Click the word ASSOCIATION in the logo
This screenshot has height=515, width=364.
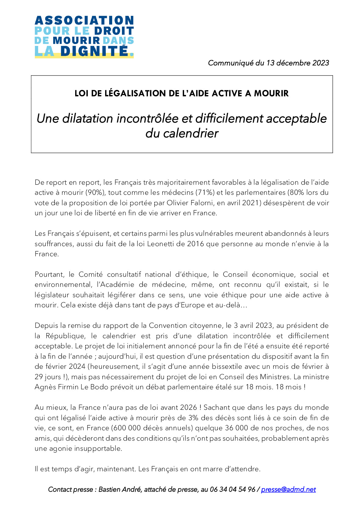coord(84,20)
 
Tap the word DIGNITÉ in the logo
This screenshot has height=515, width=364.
coord(94,51)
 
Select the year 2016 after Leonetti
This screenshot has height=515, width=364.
coord(195,244)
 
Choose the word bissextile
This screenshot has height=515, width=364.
coord(245,366)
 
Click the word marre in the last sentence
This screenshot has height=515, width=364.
coord(216,469)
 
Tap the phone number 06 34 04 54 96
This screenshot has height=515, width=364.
coord(233,489)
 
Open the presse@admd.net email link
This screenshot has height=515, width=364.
coord(288,489)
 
